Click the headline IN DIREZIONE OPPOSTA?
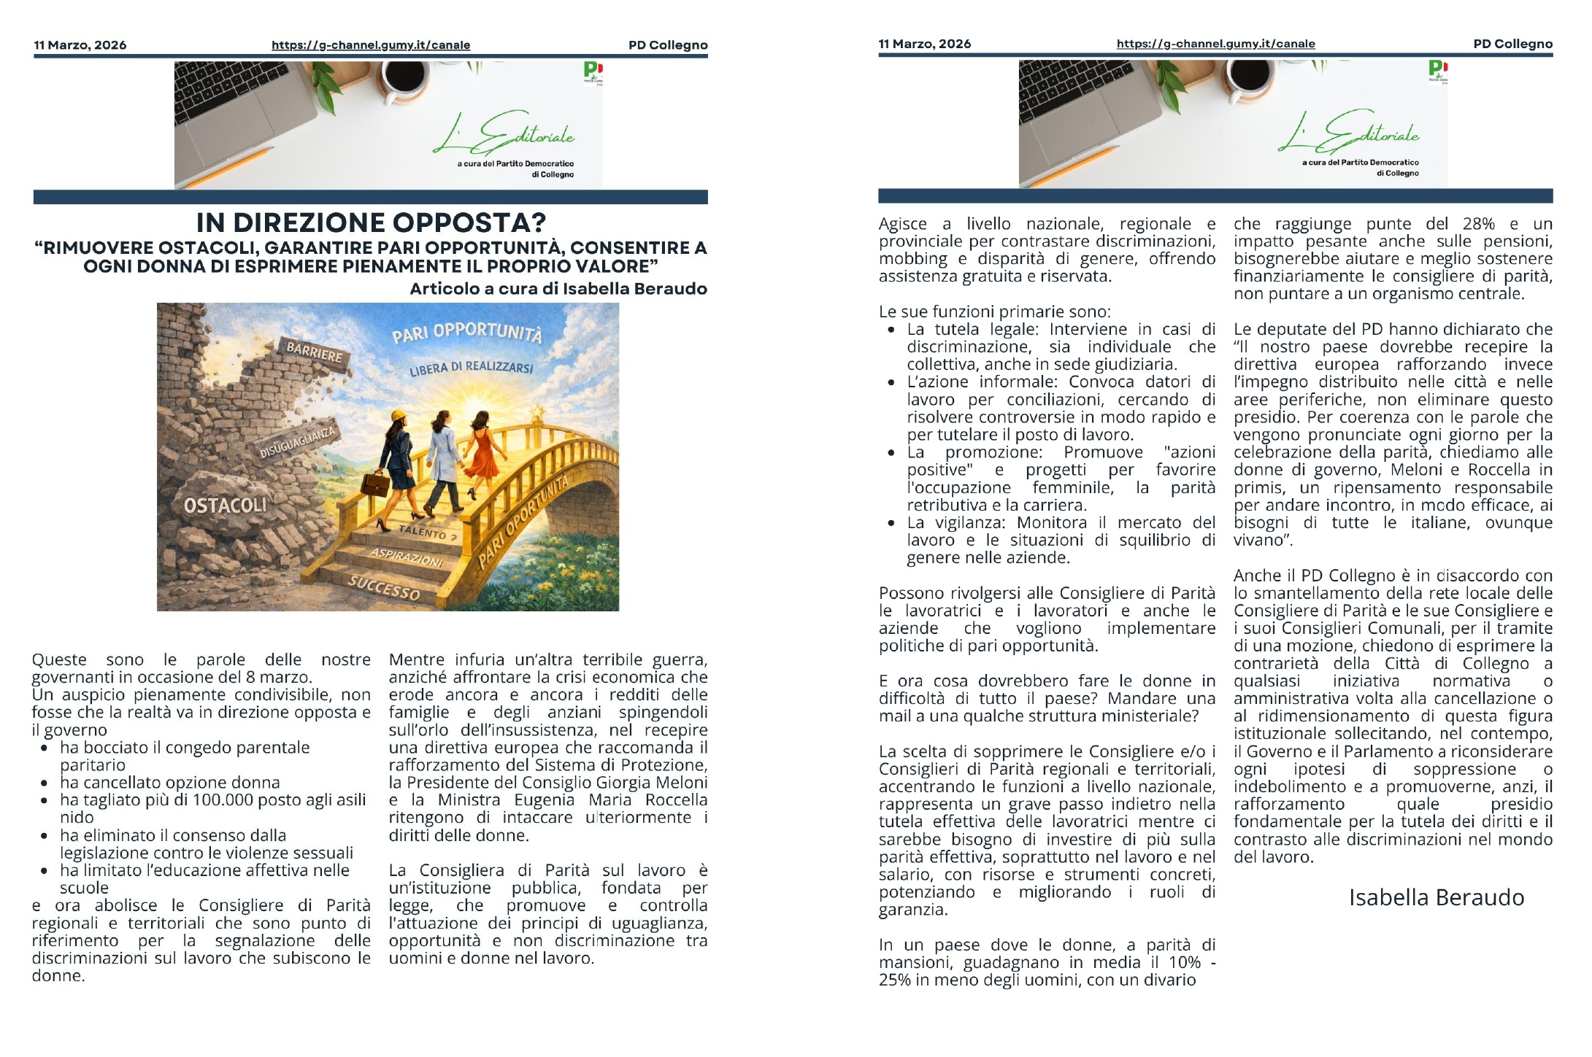(x=371, y=222)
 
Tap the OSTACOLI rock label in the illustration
(x=225, y=505)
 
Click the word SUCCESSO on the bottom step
(x=384, y=587)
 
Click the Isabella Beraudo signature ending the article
(x=1436, y=897)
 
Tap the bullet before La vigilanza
(x=891, y=523)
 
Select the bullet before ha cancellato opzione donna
(x=45, y=783)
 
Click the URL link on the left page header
(x=371, y=45)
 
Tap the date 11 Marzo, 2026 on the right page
(x=924, y=44)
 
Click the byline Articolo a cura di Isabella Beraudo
(x=558, y=289)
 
